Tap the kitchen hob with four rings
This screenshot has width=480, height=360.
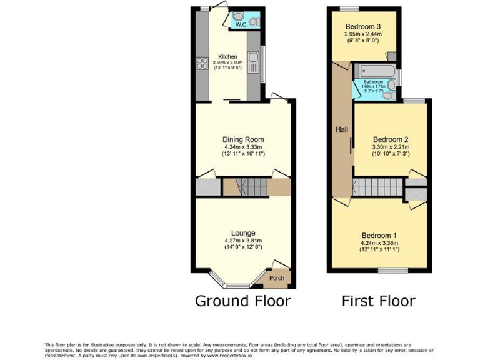click(x=202, y=62)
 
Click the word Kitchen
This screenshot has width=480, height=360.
click(x=227, y=57)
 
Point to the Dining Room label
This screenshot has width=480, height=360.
click(x=243, y=139)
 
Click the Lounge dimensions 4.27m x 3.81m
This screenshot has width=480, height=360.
click(x=243, y=240)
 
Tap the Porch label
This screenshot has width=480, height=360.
click(x=277, y=278)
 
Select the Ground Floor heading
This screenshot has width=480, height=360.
click(x=242, y=301)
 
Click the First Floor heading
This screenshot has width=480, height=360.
click(x=378, y=301)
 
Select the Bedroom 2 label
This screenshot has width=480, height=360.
click(x=390, y=139)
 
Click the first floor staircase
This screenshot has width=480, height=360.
click(x=377, y=186)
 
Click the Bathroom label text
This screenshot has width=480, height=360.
click(x=374, y=82)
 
